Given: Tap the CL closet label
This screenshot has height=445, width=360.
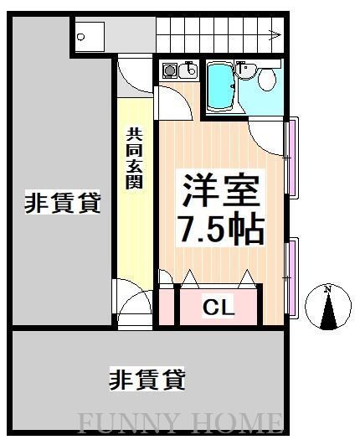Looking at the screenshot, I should pyautogui.click(x=219, y=307).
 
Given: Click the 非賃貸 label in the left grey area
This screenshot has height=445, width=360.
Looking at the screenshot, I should pyautogui.click(x=63, y=202).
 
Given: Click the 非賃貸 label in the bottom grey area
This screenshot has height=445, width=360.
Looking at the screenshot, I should pyautogui.click(x=147, y=379).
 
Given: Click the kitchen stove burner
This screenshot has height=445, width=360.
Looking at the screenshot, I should pyautogui.click(x=168, y=71).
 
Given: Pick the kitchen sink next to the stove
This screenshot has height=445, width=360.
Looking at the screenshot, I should pyautogui.click(x=188, y=71).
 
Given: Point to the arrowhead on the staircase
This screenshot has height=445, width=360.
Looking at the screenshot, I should pyautogui.click(x=275, y=35).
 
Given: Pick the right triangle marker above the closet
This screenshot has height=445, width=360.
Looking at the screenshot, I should pyautogui.click(x=249, y=277).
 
